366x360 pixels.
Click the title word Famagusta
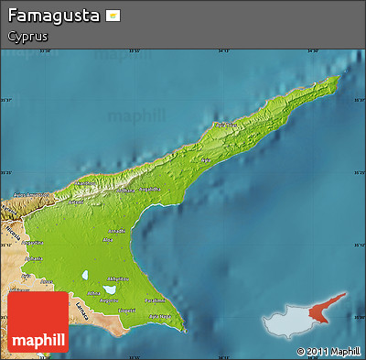[52, 16]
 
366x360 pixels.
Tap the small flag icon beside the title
[113, 16]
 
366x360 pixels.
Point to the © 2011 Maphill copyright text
[328, 351]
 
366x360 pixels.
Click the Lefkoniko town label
[120, 231]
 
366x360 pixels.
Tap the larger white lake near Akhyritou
[84, 275]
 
